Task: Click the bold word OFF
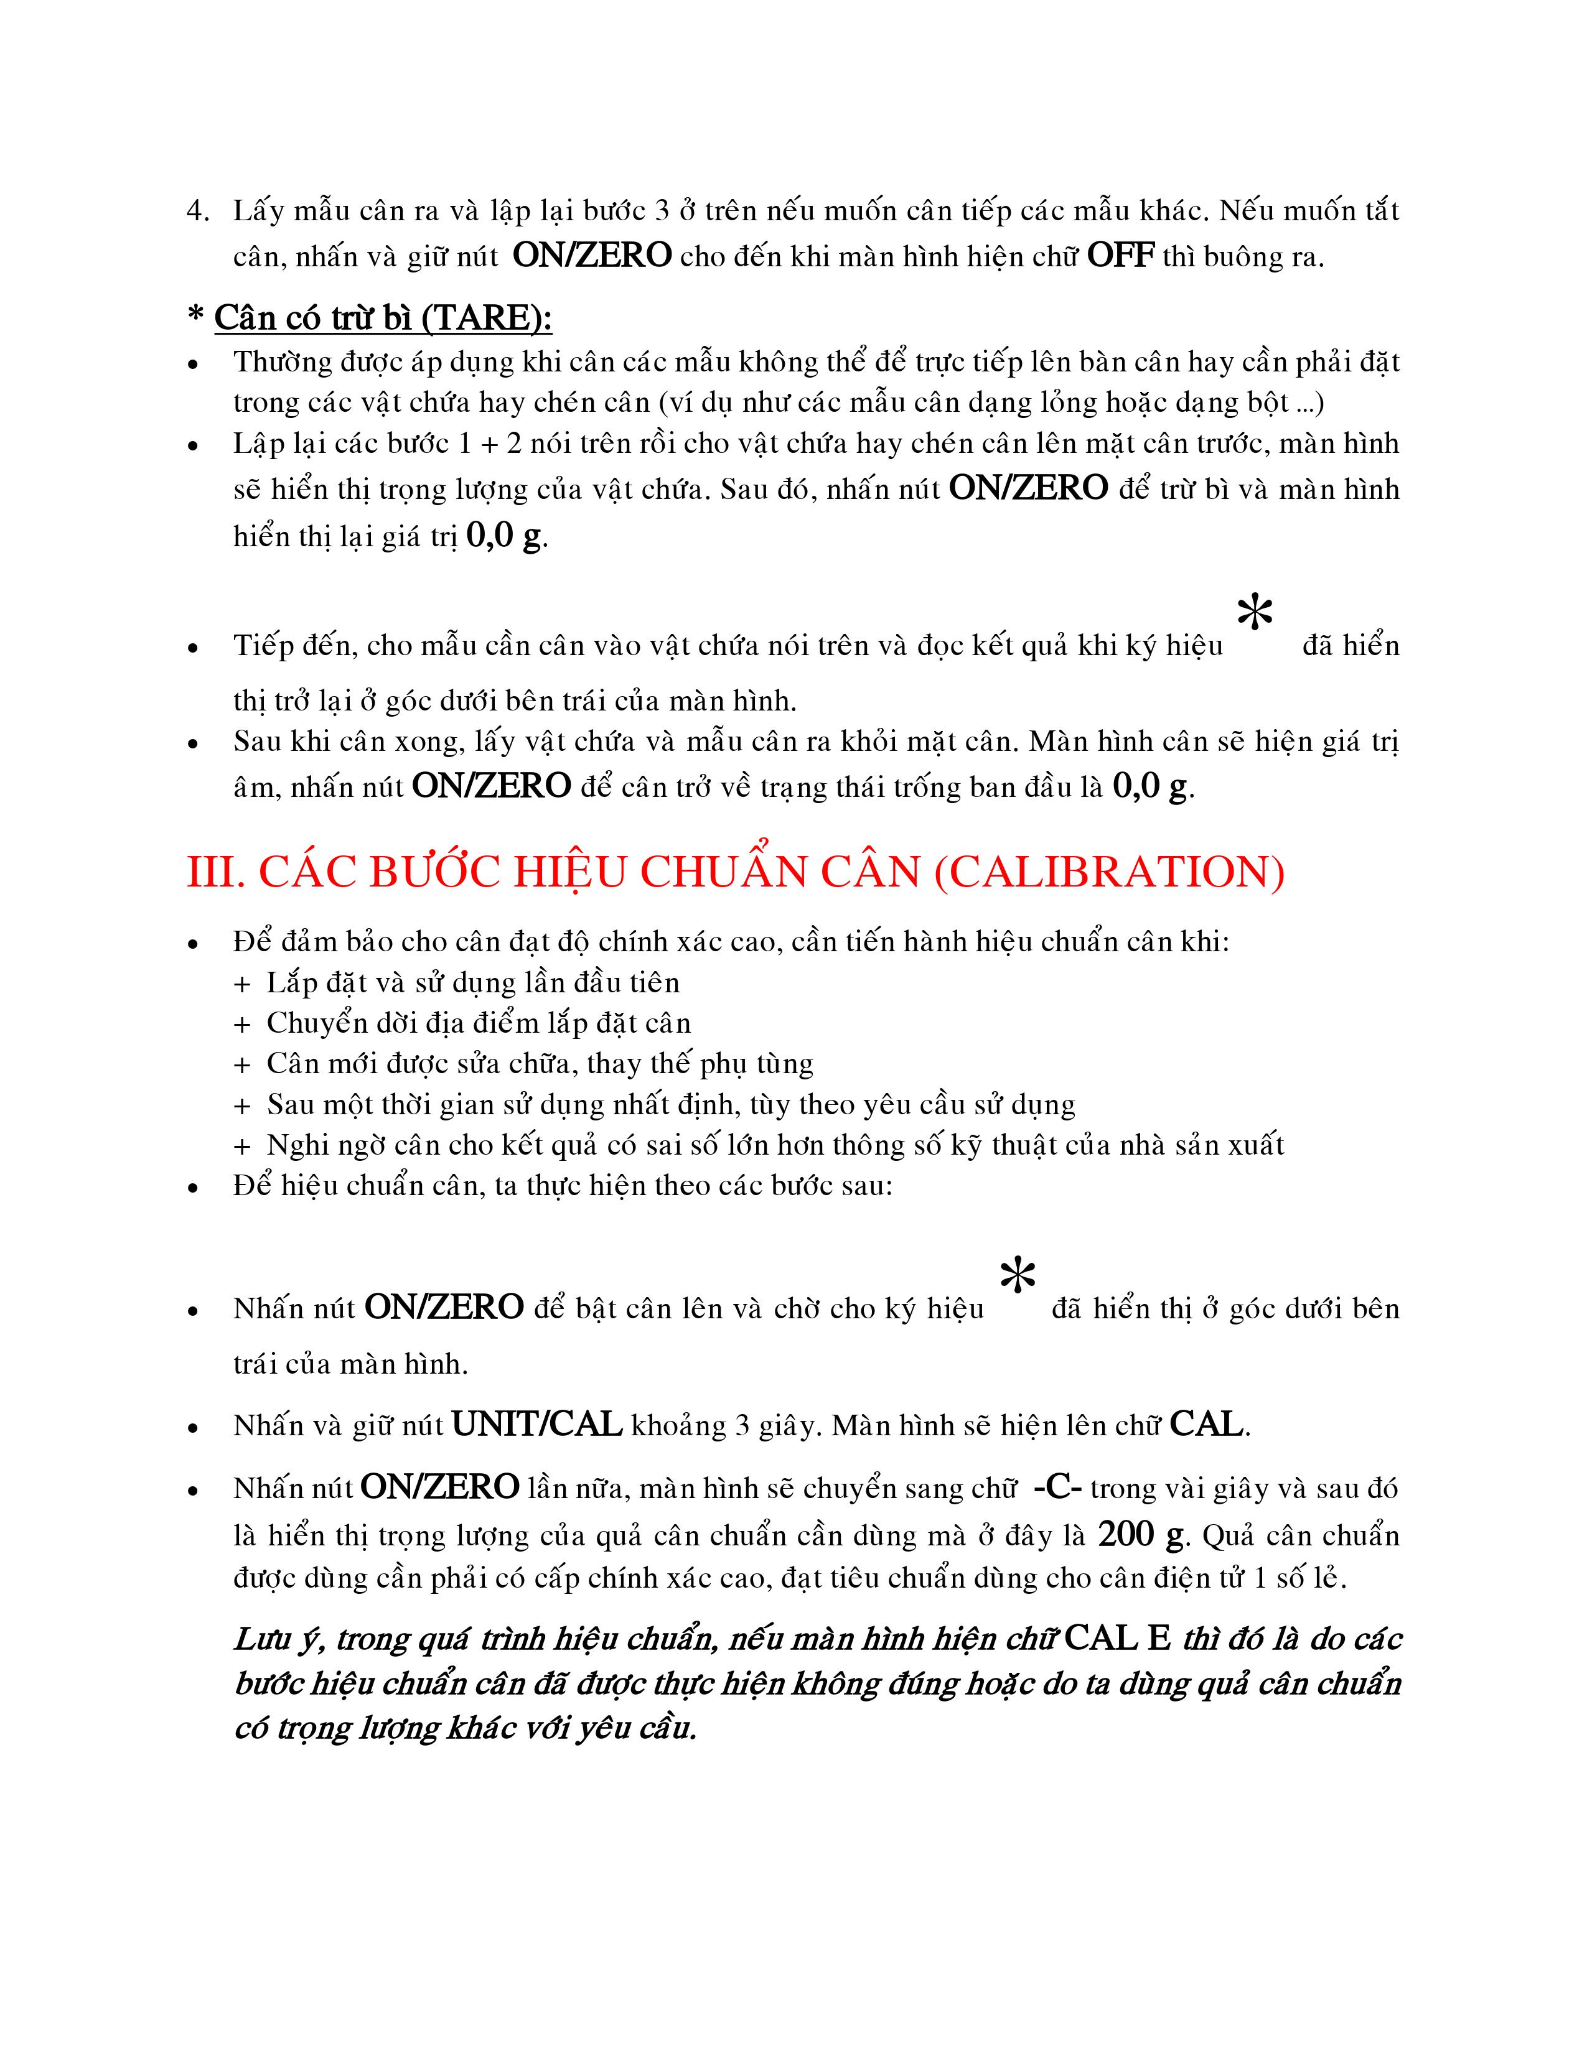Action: [x=1120, y=256]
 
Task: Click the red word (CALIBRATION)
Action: [x=1110, y=872]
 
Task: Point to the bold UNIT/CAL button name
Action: [x=537, y=1425]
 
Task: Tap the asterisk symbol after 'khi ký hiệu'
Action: [x=1255, y=614]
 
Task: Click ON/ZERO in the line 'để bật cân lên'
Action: [x=444, y=1308]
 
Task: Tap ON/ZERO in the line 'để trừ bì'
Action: [x=1029, y=488]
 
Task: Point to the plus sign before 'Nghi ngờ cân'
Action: [x=243, y=1147]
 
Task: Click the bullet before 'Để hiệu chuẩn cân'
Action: [x=193, y=1187]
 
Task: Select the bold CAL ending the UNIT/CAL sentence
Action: [x=1206, y=1425]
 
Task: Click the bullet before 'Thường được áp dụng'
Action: [x=193, y=364]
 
